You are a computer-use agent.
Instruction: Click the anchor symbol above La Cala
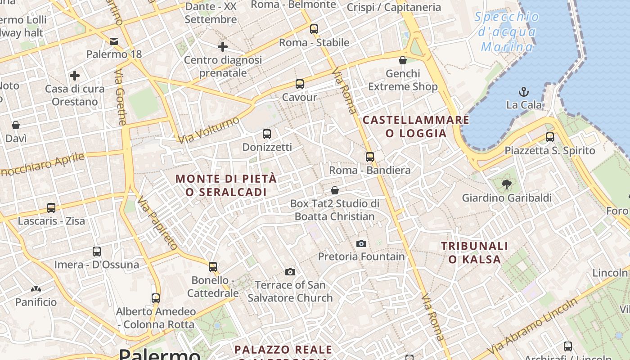point(523,92)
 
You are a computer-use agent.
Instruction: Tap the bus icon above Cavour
point(300,84)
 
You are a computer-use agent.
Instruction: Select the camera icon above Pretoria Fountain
point(361,243)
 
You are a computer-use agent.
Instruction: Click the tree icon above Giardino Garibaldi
point(507,184)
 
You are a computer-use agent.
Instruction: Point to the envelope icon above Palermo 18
point(114,41)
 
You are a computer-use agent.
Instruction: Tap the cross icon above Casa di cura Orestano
point(75,75)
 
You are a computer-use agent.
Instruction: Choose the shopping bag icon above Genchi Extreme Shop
point(403,60)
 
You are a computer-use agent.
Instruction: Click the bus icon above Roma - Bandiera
point(370,157)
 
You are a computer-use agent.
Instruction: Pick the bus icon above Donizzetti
point(267,134)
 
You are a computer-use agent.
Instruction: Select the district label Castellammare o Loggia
point(416,126)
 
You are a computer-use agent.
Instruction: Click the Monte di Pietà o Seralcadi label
point(226,185)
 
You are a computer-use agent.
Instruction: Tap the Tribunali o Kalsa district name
point(474,252)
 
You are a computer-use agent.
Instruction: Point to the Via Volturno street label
point(209,130)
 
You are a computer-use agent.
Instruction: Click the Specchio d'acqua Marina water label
point(507,32)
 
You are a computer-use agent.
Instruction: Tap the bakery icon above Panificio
point(36,288)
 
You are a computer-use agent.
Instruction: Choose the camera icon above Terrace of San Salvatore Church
point(290,272)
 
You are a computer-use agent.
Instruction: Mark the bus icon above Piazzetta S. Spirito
point(550,137)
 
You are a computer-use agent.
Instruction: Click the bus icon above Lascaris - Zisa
point(51,207)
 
